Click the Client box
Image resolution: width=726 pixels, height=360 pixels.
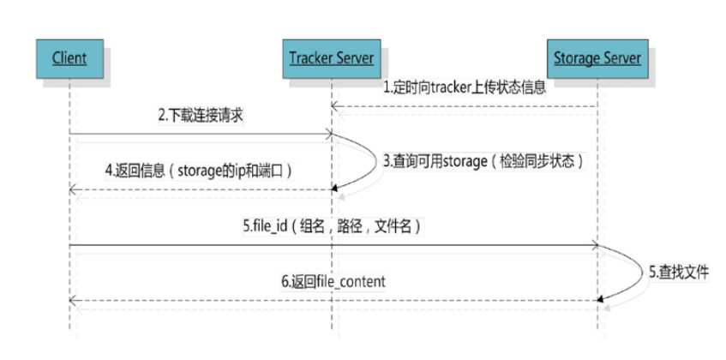[x=69, y=58]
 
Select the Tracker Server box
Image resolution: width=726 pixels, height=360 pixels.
[x=331, y=58]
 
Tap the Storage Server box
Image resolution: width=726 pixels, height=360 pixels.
[x=597, y=58]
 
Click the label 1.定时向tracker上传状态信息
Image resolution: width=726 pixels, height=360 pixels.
[x=463, y=87]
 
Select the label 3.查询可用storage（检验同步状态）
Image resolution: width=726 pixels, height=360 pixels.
[x=483, y=160]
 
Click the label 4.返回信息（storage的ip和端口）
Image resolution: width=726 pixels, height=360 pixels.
[x=199, y=170]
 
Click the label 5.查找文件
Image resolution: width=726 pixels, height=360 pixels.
[x=678, y=272]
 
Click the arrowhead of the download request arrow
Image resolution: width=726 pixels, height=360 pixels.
[x=327, y=135]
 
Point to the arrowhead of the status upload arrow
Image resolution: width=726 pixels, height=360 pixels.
[x=336, y=107]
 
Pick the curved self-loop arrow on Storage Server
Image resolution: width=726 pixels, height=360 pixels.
[x=635, y=272]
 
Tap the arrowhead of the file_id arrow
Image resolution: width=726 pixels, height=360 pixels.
[x=592, y=246]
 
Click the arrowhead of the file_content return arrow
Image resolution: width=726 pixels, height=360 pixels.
[x=73, y=299]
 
